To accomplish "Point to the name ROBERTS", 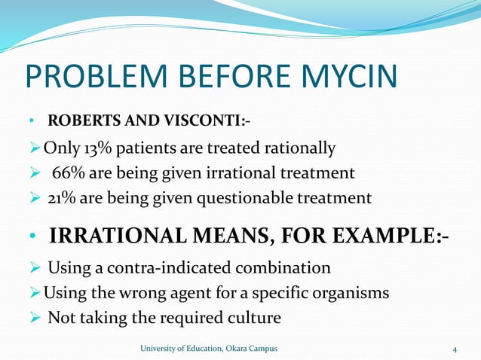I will click(x=78, y=121).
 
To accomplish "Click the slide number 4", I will click(x=455, y=348).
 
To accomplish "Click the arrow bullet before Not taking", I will click(x=35, y=318).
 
